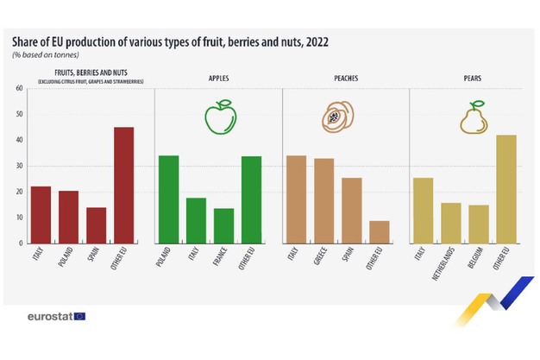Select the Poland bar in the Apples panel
pos(168,199)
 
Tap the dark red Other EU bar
pos(123,186)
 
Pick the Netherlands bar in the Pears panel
pos(451,223)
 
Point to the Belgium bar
pos(478,224)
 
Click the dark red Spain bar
pos(96,225)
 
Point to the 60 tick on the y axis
pos(18,89)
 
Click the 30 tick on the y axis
pos(18,166)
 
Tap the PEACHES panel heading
pos(345,78)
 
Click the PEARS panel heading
pos(471,78)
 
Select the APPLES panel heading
pos(219,78)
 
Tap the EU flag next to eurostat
pos(80,317)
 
